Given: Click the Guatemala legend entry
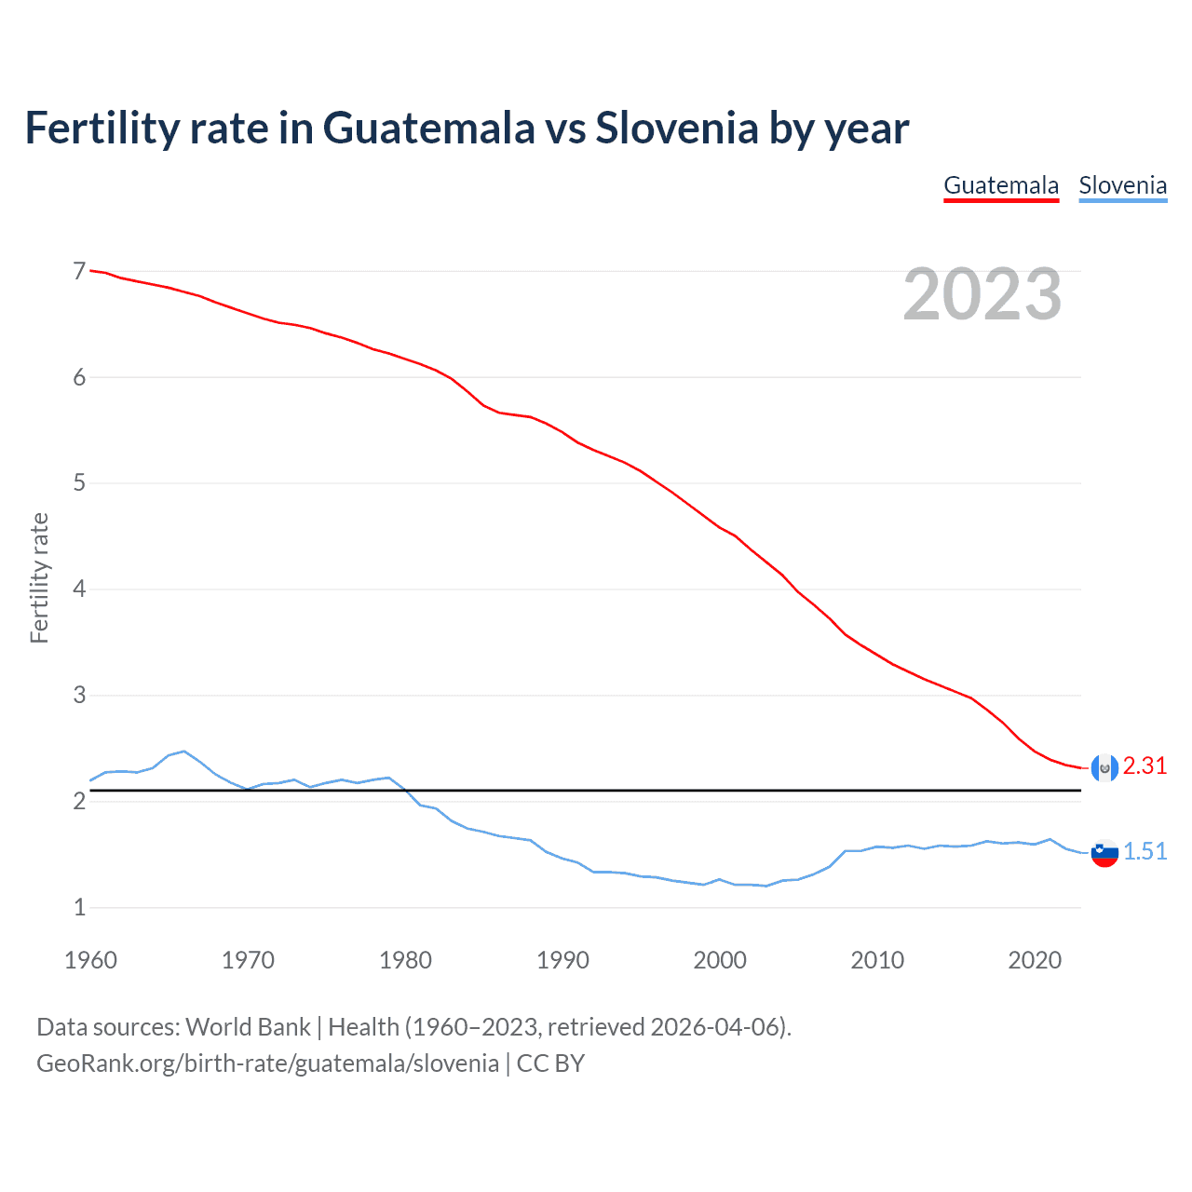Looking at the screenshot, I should click(x=1001, y=185).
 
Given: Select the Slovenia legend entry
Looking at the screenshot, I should click(x=1122, y=185).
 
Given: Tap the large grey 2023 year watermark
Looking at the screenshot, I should click(x=982, y=294).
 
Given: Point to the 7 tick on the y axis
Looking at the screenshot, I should click(x=79, y=271).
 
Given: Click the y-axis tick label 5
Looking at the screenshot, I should click(x=79, y=483).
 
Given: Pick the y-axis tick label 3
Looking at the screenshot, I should click(x=79, y=696).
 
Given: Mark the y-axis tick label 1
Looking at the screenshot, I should click(x=79, y=907).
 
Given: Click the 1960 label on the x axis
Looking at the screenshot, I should click(x=90, y=960).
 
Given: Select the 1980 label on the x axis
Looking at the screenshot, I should click(x=405, y=960).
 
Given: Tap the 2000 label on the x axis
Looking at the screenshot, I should click(x=720, y=960).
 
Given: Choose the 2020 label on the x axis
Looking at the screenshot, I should click(x=1035, y=960).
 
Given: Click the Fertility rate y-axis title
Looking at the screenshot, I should click(x=39, y=577).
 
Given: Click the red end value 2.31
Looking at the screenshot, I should click(x=1145, y=765).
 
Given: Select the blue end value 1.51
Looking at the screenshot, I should click(x=1145, y=851).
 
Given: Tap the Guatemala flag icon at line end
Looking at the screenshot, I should click(x=1104, y=767).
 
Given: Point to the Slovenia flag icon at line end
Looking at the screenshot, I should click(x=1104, y=853).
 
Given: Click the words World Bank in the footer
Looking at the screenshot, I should click(x=248, y=1027).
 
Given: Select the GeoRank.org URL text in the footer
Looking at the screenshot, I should click(x=267, y=1063).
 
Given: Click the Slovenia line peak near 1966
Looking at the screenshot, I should click(x=183, y=751).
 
